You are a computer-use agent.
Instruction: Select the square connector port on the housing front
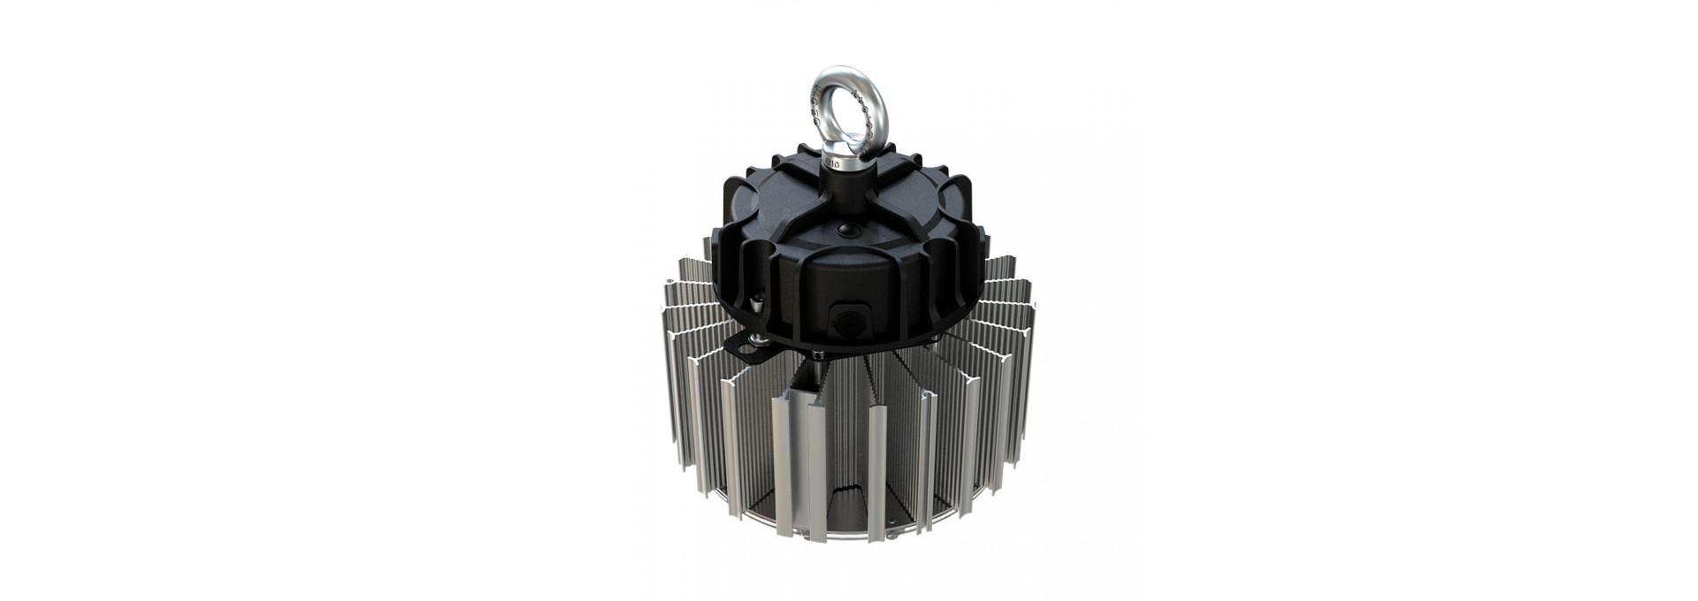(x=850, y=322)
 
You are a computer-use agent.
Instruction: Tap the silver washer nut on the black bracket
(x=760, y=339)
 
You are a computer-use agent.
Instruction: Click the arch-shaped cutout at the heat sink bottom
(x=847, y=507)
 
